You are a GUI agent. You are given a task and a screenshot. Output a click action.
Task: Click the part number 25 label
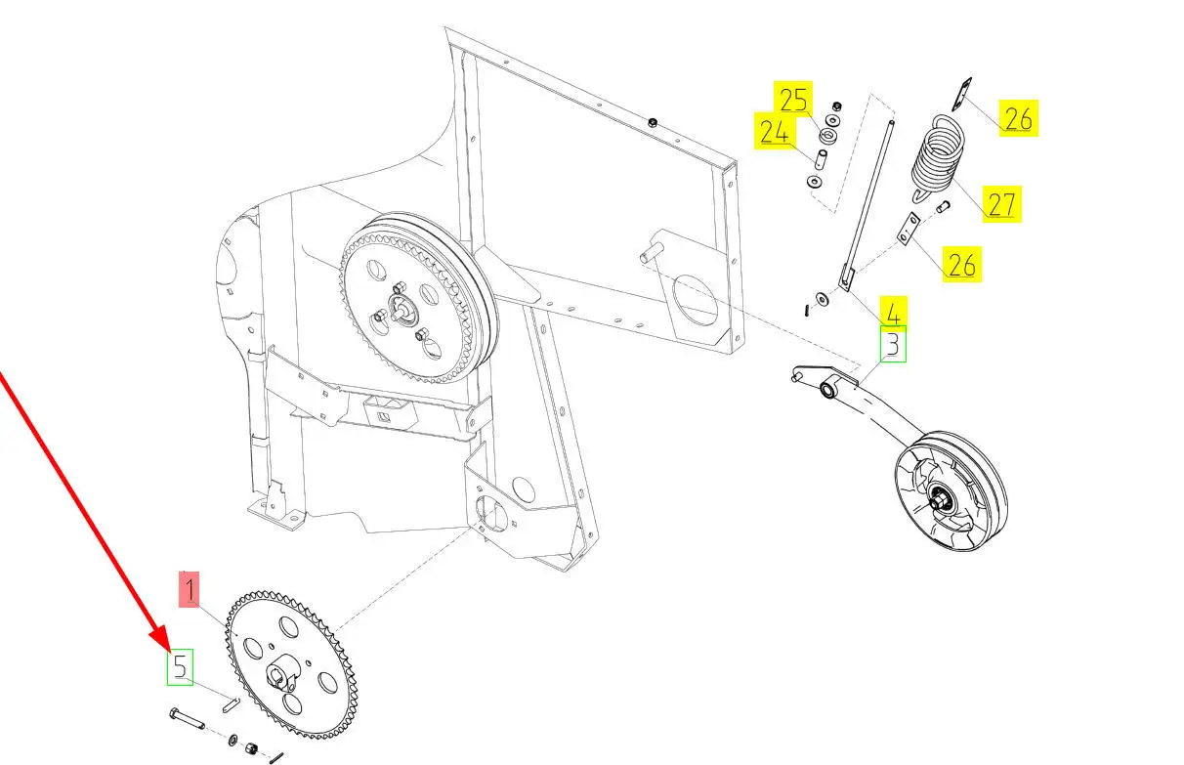tap(793, 99)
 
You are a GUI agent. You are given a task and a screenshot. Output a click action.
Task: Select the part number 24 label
tap(775, 131)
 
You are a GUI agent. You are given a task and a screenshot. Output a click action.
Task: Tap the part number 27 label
tap(1001, 204)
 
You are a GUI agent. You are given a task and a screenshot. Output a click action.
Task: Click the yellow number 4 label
tap(893, 312)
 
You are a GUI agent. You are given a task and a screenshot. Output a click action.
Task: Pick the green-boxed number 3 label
tap(893, 344)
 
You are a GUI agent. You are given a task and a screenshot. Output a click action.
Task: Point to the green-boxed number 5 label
tap(181, 667)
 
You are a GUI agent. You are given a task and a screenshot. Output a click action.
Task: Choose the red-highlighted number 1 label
tap(190, 589)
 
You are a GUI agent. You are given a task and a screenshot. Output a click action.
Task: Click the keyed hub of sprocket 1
tap(286, 672)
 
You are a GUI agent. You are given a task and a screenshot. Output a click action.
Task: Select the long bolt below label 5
tap(187, 719)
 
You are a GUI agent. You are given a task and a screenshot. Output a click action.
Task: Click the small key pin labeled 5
tap(231, 705)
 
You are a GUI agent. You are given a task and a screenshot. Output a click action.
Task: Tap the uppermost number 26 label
tap(1019, 118)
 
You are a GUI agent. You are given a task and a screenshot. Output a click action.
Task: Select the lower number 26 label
tap(962, 264)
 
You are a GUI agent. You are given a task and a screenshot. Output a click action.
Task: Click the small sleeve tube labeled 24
tap(821, 159)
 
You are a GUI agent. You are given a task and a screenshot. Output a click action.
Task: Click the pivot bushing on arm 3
tap(827, 390)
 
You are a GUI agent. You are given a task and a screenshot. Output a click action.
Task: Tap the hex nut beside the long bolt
tap(251, 748)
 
